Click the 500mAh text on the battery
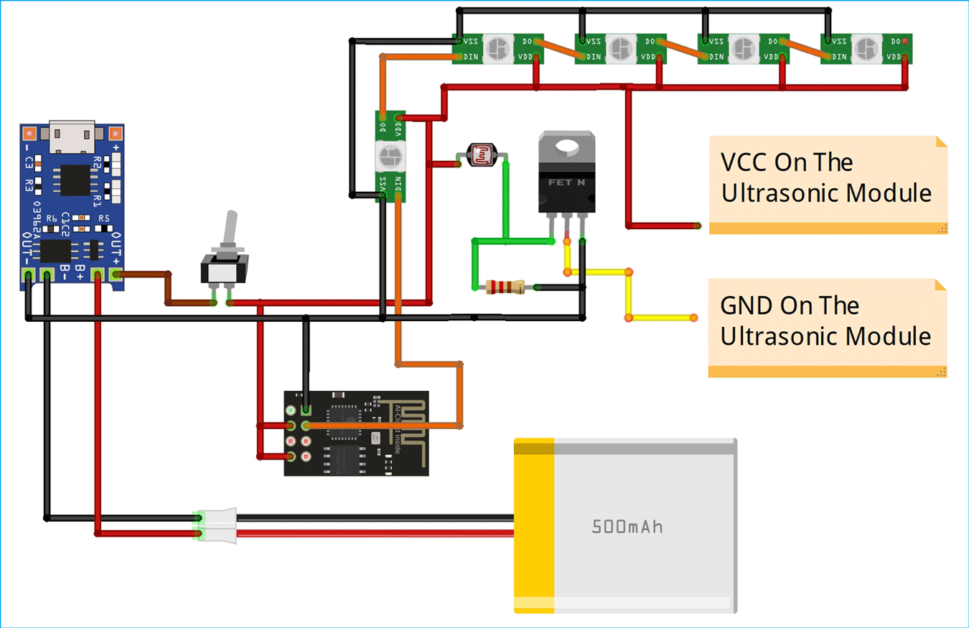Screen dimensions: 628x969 pyautogui.click(x=627, y=527)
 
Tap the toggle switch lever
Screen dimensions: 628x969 pyautogui.click(x=230, y=231)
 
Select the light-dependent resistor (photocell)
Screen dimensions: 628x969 pyautogui.click(x=481, y=154)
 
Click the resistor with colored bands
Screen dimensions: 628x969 pyautogui.click(x=505, y=287)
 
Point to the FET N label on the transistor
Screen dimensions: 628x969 pyautogui.click(x=566, y=183)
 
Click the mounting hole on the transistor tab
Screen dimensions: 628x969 pyautogui.click(x=567, y=147)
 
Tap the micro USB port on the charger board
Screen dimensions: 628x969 pyautogui.click(x=72, y=137)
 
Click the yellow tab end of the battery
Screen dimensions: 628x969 pyautogui.click(x=534, y=526)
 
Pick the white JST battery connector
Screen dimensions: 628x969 pyautogui.click(x=215, y=525)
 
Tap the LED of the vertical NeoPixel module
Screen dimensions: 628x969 pyautogui.click(x=390, y=154)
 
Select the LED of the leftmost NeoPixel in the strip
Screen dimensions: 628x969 pyautogui.click(x=496, y=49)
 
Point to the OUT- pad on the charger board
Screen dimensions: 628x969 pyautogui.click(x=29, y=274)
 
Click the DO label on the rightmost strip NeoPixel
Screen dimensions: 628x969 pyautogui.click(x=894, y=42)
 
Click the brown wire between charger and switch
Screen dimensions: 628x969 pyautogui.click(x=168, y=287)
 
